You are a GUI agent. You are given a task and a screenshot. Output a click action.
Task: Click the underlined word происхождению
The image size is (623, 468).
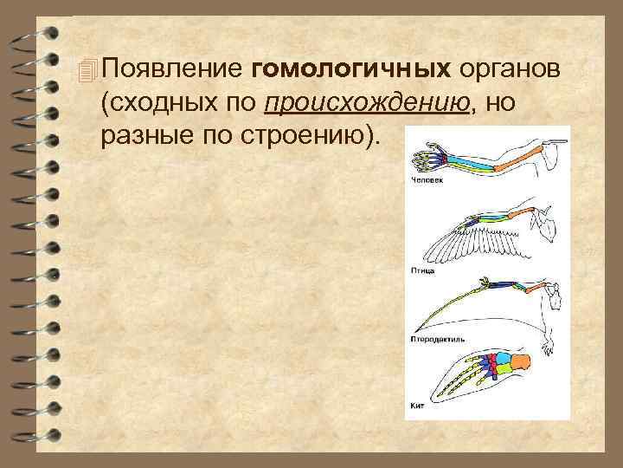click(x=368, y=103)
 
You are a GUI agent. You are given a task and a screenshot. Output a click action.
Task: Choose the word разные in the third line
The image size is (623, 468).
click(x=144, y=137)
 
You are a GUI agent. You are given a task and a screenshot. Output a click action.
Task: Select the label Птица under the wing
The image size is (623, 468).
click(x=421, y=270)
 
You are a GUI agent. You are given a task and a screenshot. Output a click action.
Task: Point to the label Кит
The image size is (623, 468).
click(x=415, y=406)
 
